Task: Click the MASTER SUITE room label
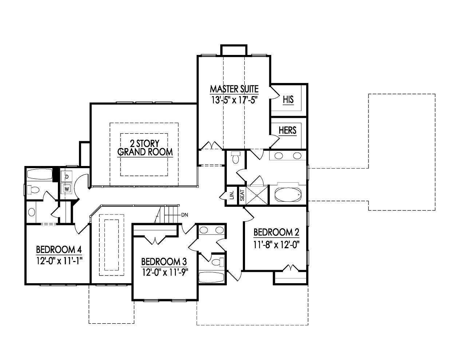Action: (234, 89)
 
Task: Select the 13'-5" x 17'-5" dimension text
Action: (234, 100)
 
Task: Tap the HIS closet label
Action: (288, 100)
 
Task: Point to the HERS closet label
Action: (287, 130)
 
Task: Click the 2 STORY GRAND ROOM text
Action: (145, 147)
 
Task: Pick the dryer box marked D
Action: (67, 177)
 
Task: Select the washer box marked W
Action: (67, 189)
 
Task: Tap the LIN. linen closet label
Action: (231, 196)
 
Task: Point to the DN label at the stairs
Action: (185, 214)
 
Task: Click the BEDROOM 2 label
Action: (276, 232)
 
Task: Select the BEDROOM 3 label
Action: (164, 261)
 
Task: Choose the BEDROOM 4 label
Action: (58, 250)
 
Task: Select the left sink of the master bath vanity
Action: (279, 156)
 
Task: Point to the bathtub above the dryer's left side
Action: (40, 174)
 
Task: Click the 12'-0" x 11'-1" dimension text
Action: (58, 261)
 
